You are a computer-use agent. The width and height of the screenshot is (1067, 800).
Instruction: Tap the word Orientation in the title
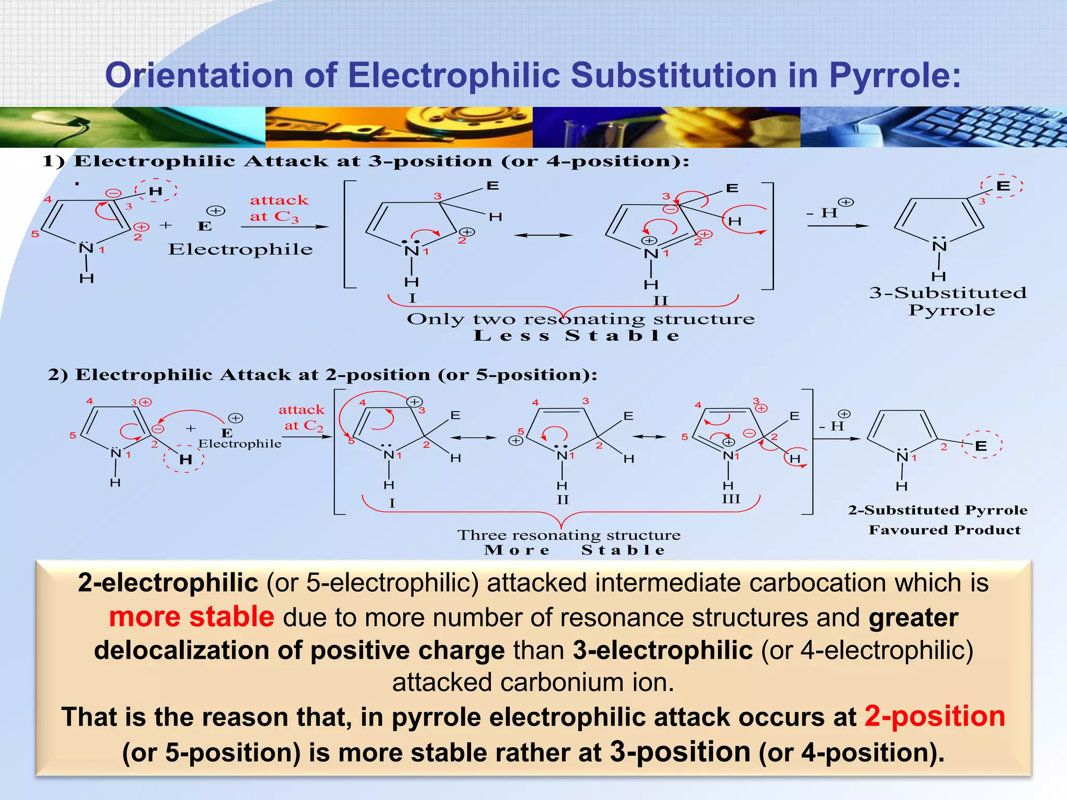200,76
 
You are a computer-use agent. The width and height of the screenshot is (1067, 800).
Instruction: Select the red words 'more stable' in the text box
192,617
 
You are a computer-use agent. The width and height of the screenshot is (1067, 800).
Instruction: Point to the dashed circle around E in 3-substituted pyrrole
1002,186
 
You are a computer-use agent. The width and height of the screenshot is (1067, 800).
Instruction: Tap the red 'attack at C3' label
279,208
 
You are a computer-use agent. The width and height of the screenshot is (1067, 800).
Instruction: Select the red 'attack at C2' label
302,418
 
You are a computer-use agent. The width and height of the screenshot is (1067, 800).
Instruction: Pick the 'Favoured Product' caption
945,530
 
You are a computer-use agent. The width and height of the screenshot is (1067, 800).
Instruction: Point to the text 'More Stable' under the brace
575,550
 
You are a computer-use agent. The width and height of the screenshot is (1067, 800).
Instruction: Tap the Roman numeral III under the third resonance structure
730,499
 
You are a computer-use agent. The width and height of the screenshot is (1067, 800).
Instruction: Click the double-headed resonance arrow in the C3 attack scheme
543,235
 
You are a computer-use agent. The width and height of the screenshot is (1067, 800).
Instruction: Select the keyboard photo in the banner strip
933,127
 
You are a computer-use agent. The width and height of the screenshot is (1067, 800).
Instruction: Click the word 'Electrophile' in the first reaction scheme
240,249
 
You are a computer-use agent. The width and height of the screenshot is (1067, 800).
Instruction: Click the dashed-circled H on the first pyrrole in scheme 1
156,191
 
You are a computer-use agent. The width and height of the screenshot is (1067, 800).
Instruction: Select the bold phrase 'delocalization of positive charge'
299,651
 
